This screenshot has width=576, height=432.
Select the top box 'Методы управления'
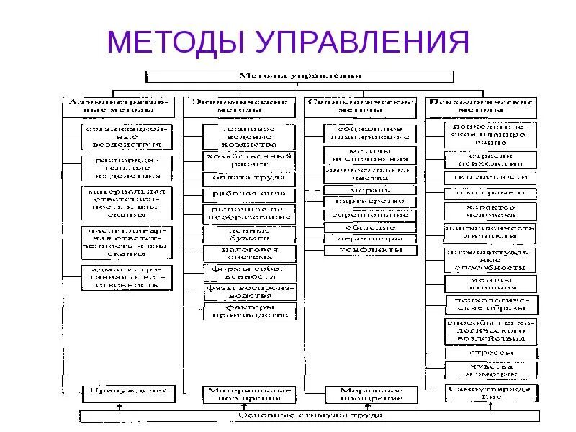[300, 76]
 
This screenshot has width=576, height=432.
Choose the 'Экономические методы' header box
[239, 107]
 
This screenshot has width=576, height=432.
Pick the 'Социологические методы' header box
[361, 107]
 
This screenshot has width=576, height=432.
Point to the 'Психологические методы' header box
[481, 107]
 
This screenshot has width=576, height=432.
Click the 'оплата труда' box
[249, 177]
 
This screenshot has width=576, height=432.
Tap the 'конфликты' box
[370, 250]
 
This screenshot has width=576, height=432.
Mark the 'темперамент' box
[490, 193]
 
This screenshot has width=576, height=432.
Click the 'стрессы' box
[490, 354]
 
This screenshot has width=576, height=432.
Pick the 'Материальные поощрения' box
[249, 394]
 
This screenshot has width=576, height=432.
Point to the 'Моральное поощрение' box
[370, 394]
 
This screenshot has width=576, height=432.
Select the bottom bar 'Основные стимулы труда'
[310, 415]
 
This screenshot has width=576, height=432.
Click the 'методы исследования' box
[370, 156]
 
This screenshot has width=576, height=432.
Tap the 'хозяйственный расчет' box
[249, 159]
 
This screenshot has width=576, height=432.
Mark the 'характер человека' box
[490, 211]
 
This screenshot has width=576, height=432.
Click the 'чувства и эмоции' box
[490, 370]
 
